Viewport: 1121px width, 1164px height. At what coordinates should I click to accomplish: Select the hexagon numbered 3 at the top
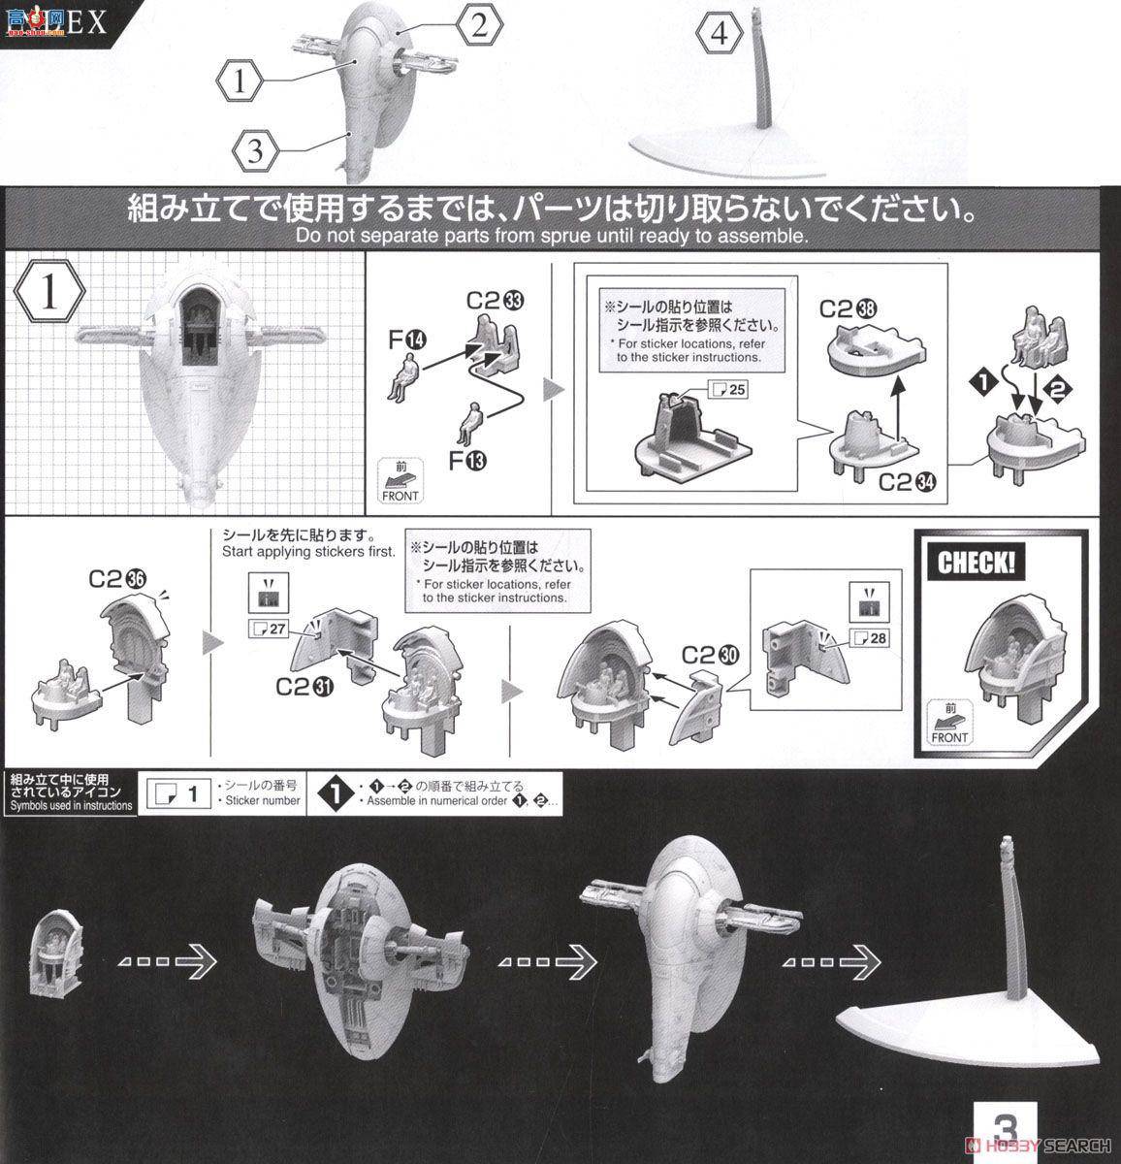254,150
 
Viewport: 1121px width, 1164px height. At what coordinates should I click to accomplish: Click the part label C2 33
496,301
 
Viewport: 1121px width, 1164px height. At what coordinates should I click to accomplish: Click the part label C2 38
849,308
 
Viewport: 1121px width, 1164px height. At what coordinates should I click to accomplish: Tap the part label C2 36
118,579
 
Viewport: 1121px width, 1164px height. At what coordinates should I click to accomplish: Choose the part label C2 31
305,686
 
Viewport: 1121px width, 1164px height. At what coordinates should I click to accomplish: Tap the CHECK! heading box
976,563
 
